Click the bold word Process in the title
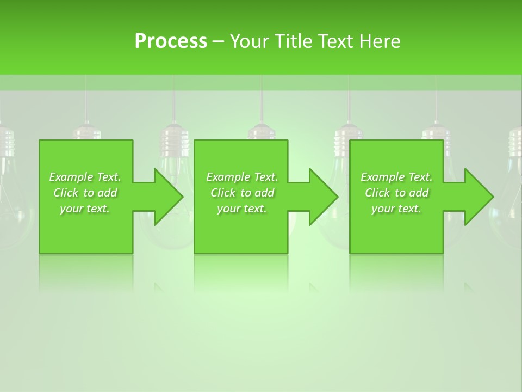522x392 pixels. (x=171, y=41)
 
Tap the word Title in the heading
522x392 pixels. (x=292, y=41)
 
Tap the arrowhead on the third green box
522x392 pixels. (x=478, y=197)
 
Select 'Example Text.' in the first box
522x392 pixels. (x=85, y=177)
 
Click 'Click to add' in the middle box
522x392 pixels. (x=242, y=193)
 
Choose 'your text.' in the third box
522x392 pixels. (x=396, y=209)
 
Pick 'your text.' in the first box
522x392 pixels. (x=85, y=209)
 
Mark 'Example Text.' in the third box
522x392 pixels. (x=396, y=177)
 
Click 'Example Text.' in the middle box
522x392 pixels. (x=242, y=177)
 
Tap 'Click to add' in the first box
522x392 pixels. (x=85, y=193)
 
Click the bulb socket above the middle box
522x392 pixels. (x=262, y=132)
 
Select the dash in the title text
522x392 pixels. (x=219, y=42)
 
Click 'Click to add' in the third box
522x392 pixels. (x=396, y=193)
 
